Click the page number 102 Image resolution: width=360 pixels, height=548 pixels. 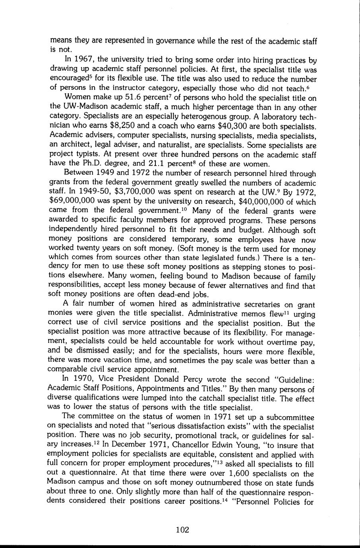pos(182,529)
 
